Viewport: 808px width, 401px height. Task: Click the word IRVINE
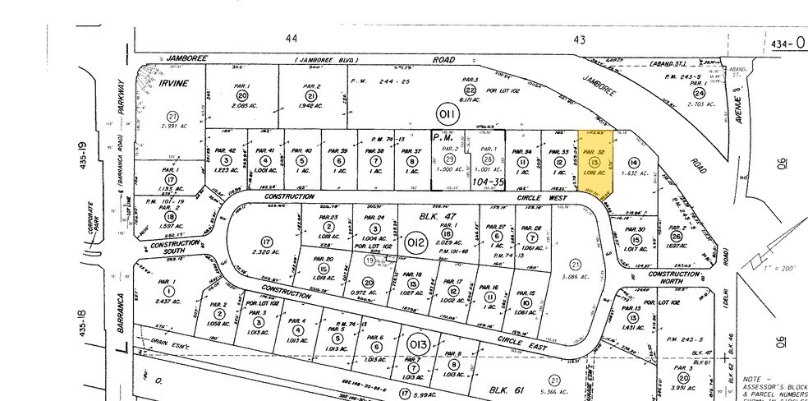point(173,84)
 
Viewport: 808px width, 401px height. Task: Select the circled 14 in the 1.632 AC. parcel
point(633,163)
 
